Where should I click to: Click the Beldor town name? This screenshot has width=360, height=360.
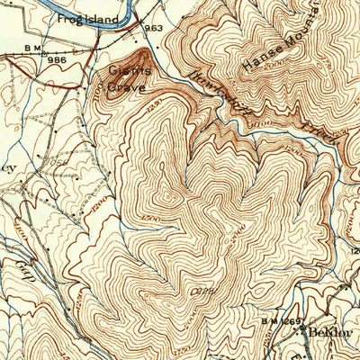click(x=328, y=331)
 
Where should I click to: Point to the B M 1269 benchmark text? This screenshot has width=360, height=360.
click(x=280, y=319)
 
